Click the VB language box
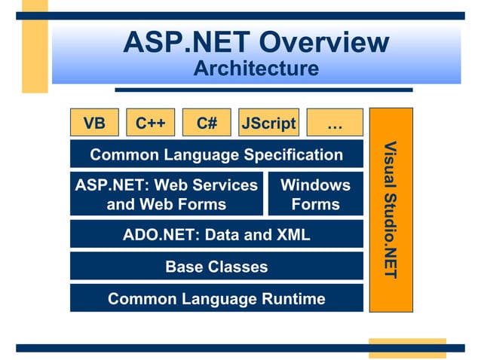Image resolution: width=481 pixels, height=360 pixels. pos(94,123)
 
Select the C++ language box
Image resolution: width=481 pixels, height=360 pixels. pos(151,123)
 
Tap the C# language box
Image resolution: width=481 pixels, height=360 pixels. pos(207,123)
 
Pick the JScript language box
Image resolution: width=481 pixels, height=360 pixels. pos(268,123)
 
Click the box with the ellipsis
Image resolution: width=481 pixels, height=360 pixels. pos(335,123)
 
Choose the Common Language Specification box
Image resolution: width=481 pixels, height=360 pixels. pos(216,154)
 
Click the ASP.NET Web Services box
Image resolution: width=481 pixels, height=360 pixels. pos(167,194)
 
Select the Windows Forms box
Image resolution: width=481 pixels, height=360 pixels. pos(315,194)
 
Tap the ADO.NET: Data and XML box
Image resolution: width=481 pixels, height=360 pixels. pos(216,234)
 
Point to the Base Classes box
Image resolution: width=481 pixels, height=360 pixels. pos(216,266)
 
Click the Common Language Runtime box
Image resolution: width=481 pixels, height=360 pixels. pos(216,298)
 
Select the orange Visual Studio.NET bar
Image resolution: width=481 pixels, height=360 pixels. pos(391,209)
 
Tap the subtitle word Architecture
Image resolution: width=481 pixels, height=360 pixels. pos(256,69)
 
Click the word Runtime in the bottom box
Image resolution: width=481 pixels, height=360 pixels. pos(291,299)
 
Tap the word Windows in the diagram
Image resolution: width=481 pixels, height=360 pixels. pos(315,185)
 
